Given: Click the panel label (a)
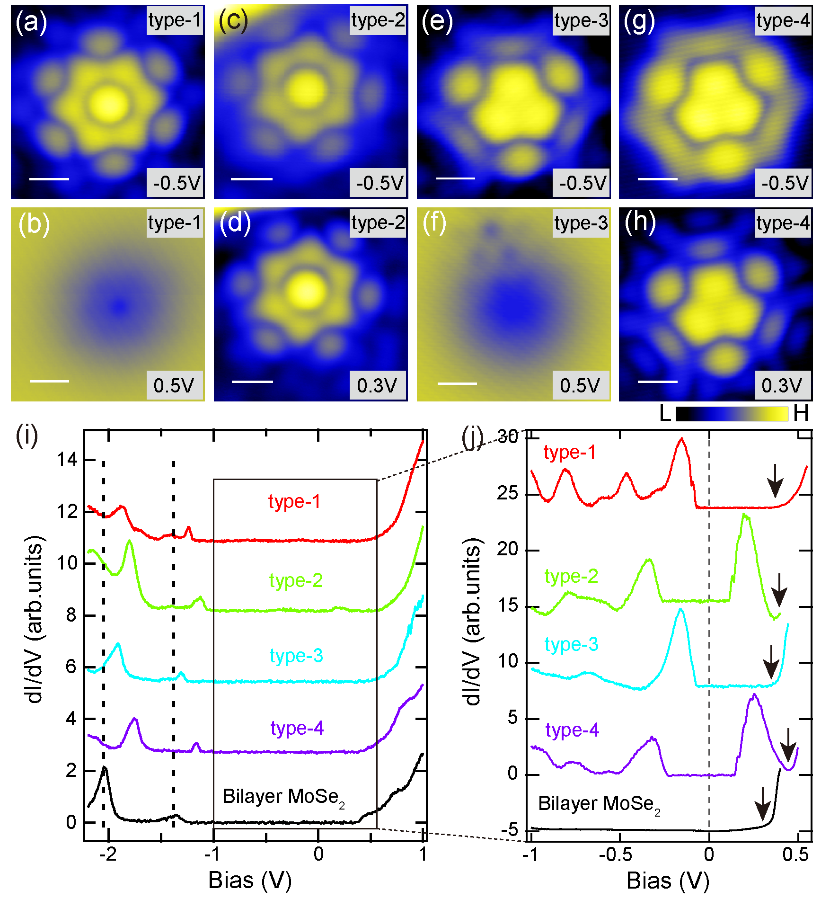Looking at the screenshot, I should pos(31,22).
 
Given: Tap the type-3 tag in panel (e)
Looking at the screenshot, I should pos(581,21).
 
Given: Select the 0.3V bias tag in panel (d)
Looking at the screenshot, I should pos(377,385).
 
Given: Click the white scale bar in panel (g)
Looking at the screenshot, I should pos(657,179).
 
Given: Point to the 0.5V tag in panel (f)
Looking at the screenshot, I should pos(580,385).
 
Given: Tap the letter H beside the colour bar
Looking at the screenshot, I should pos(801,413).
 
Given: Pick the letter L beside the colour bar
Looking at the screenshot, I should pos(665,413).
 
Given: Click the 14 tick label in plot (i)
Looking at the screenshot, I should pos(67,459).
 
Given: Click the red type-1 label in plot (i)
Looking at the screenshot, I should pos(294,501).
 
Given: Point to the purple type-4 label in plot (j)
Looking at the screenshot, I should pos(572,730).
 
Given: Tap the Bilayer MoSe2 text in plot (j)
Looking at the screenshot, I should pos(599,804).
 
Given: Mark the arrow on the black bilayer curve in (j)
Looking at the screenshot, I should pos(762,803).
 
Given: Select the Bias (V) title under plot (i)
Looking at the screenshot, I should pos(250,880).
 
